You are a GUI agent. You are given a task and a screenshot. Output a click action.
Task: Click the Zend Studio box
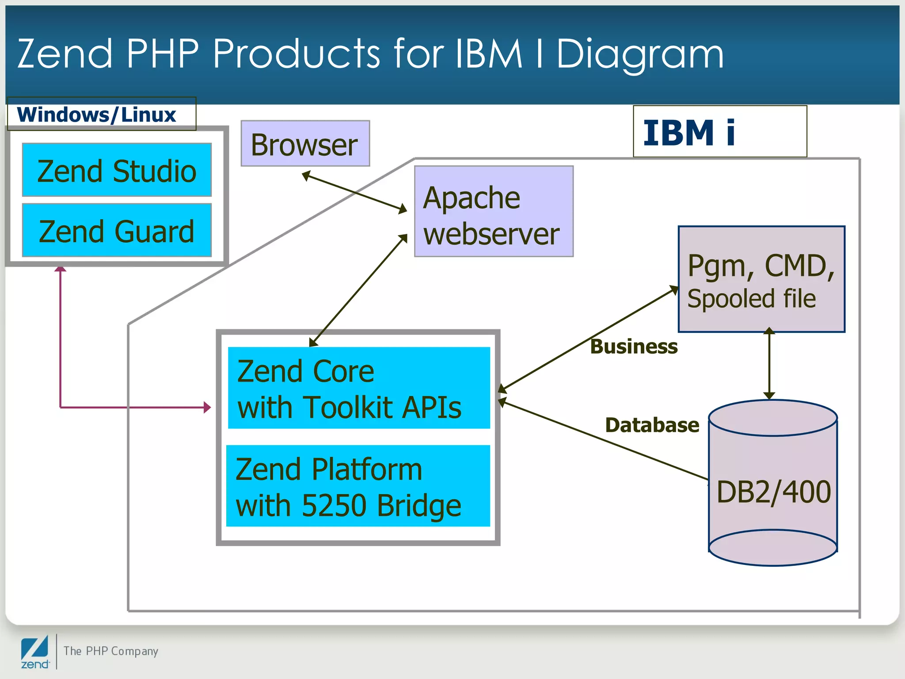coord(117,170)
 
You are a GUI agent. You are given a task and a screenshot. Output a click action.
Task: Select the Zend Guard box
coord(117,230)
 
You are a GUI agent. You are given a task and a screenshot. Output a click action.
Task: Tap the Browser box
coord(305,144)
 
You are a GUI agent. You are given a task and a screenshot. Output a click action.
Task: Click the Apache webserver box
coord(493,211)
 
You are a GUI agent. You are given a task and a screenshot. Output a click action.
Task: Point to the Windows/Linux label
coord(97,114)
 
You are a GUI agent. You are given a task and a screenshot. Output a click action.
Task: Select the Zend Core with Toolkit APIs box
coord(358,388)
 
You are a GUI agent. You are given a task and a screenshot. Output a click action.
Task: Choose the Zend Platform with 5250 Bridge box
coord(357,486)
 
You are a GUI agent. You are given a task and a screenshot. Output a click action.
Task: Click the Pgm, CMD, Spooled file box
coord(761,279)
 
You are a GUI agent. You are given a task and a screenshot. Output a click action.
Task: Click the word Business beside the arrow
coord(634,347)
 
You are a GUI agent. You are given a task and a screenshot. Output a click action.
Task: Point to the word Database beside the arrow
coord(652,425)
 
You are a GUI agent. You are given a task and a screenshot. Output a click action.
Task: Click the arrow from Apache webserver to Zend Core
coord(358,291)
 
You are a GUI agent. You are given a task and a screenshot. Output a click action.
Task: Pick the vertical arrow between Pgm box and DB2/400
coord(769,363)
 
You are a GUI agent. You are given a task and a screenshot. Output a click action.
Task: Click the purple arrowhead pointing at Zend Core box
coord(207,407)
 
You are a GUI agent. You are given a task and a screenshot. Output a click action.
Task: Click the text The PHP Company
coord(110,651)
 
